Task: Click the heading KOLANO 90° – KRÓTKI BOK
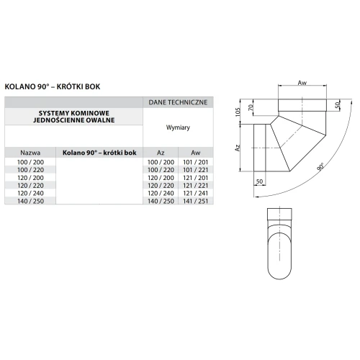(53, 86)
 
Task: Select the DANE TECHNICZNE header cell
(178, 102)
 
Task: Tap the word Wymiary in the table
(178, 127)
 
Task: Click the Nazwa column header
(30, 153)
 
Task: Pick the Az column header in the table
(161, 153)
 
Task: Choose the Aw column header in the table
(196, 153)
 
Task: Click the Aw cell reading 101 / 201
(196, 162)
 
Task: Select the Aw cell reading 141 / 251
(196, 201)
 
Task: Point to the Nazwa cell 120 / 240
(30, 193)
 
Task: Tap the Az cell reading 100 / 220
(161, 170)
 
